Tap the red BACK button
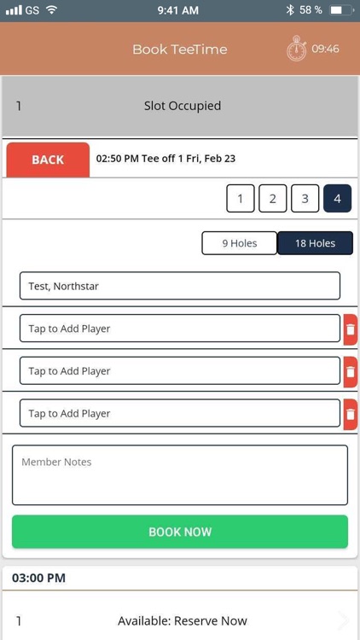click(48, 160)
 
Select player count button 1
click(241, 199)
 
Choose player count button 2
click(273, 199)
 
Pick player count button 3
click(305, 199)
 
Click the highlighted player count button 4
click(337, 199)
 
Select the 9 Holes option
click(240, 243)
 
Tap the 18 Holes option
click(315, 243)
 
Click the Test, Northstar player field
click(180, 286)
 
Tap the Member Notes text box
click(180, 475)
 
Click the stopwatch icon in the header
click(296, 49)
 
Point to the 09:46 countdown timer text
click(325, 49)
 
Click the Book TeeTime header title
click(180, 49)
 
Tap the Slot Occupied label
click(183, 106)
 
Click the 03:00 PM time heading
click(38, 578)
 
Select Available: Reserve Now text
click(183, 621)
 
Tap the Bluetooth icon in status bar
click(290, 9)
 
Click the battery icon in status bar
click(341, 10)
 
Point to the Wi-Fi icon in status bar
click(52, 9)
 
